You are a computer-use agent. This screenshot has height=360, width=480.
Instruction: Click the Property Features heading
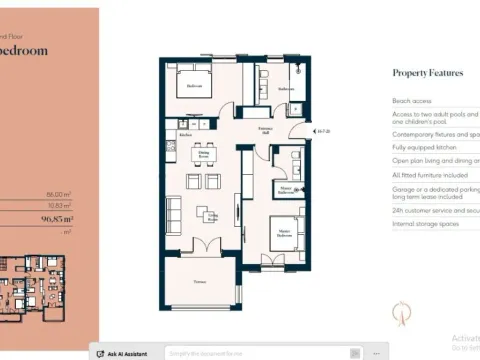point(428,73)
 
